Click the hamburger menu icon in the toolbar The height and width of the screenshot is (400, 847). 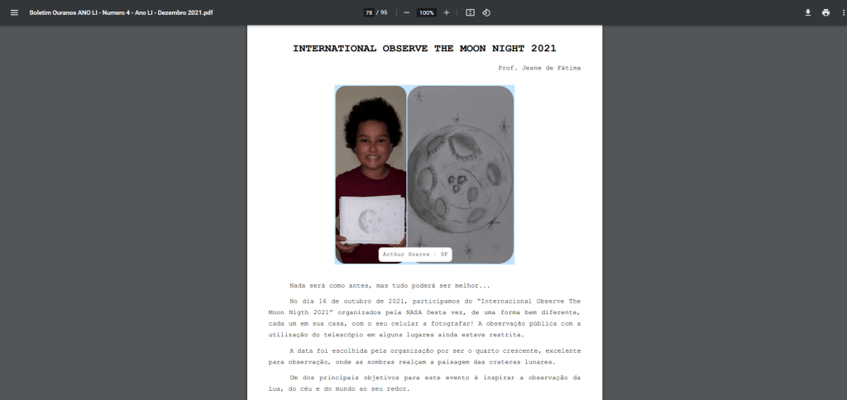click(x=14, y=12)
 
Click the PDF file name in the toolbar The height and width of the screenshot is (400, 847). click(x=121, y=12)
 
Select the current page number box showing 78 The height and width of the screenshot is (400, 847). click(x=369, y=12)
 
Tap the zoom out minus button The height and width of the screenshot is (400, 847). click(x=406, y=12)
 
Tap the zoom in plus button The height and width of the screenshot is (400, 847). click(x=447, y=12)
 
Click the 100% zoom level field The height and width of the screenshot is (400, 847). click(x=426, y=12)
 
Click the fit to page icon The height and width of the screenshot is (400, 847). click(x=470, y=12)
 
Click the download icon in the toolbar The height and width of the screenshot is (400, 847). click(x=808, y=12)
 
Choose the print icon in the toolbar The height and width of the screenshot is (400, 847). click(x=825, y=12)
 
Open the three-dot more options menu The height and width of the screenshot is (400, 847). click(x=840, y=12)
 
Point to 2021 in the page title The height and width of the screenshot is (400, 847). click(x=540, y=49)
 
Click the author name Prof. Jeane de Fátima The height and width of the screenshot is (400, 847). click(x=539, y=68)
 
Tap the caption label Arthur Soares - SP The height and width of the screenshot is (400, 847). click(x=415, y=254)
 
